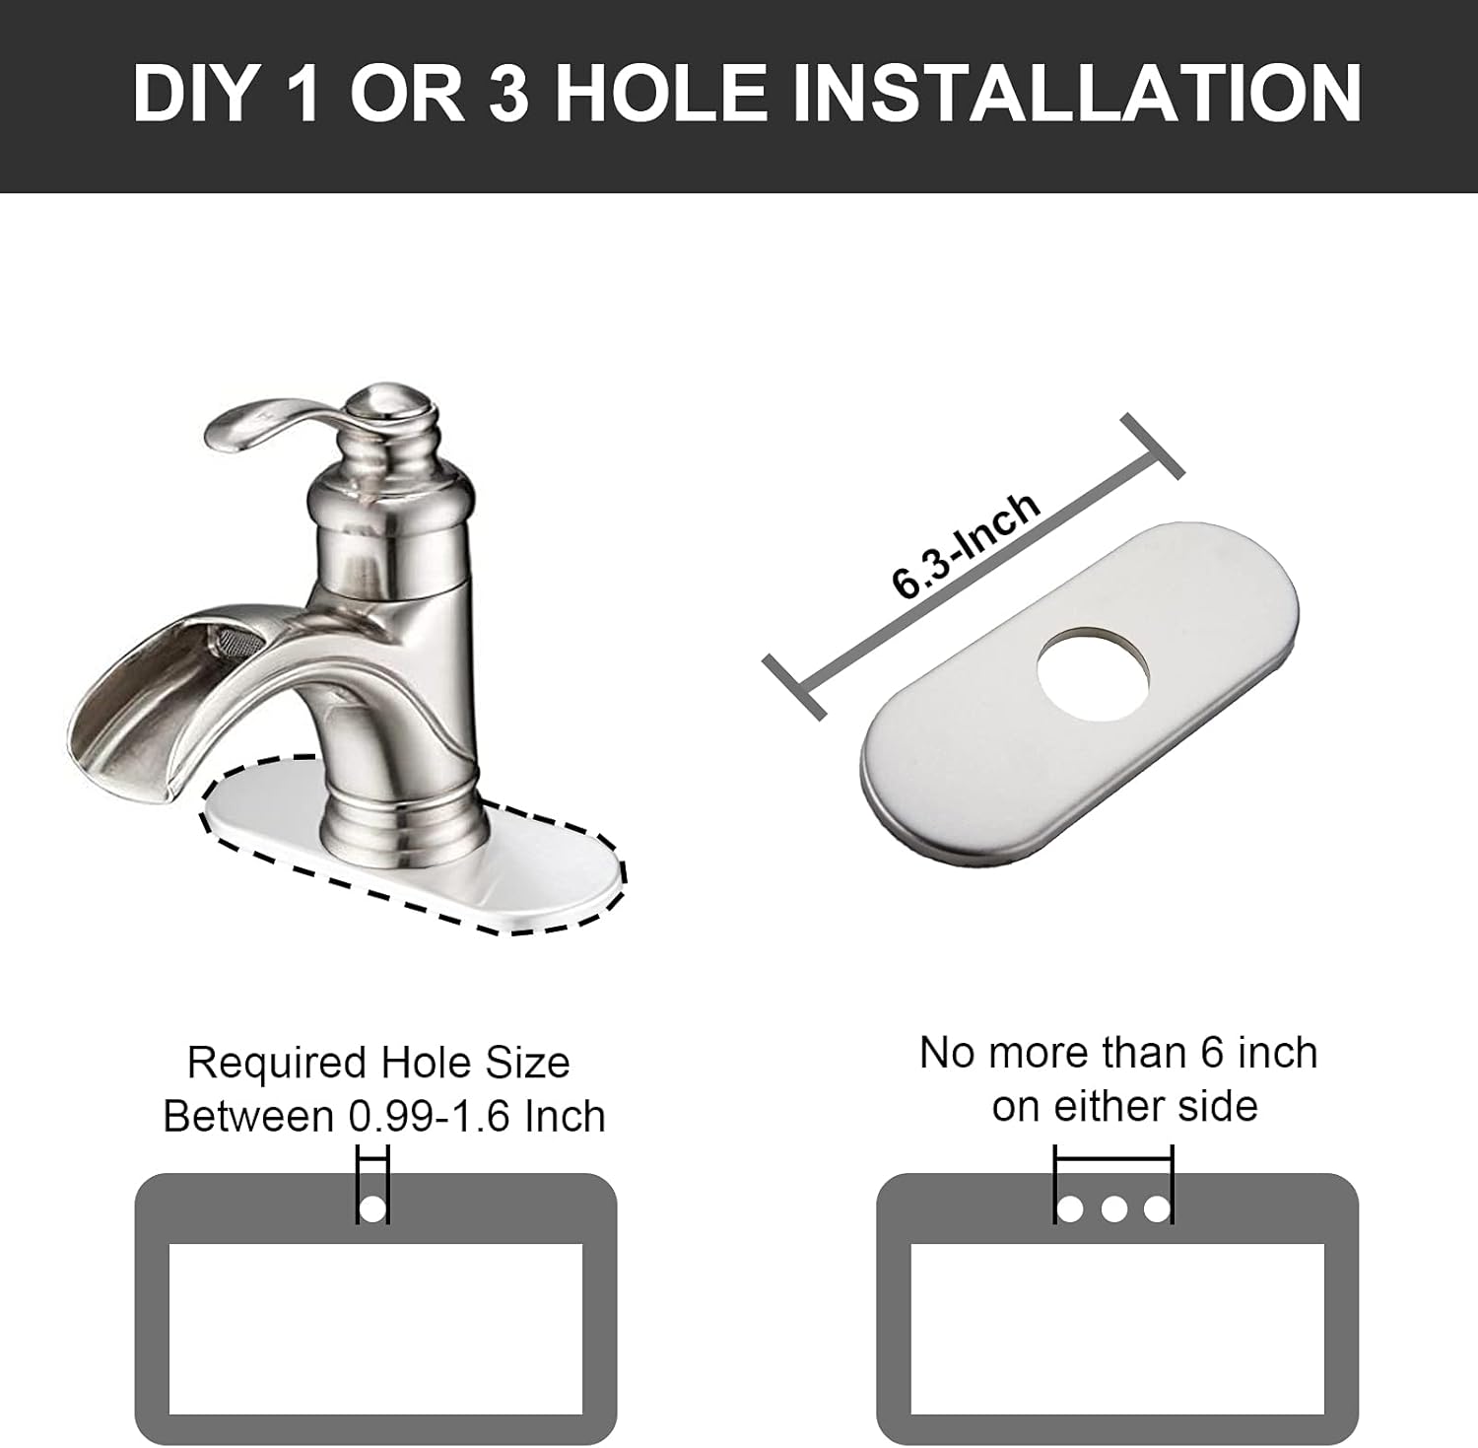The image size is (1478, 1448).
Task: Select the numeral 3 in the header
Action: pos(507,93)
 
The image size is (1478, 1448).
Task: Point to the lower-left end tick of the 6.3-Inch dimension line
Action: pos(794,688)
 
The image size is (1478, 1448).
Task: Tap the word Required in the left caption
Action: pos(277,1064)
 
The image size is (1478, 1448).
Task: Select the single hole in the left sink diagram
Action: pos(372,1208)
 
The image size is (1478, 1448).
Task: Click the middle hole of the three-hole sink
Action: pos(1114,1208)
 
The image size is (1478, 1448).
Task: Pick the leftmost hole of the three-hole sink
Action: pos(1071,1208)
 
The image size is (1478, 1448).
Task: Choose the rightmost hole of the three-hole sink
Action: pos(1158,1208)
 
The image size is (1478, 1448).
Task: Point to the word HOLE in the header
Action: pos(660,93)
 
